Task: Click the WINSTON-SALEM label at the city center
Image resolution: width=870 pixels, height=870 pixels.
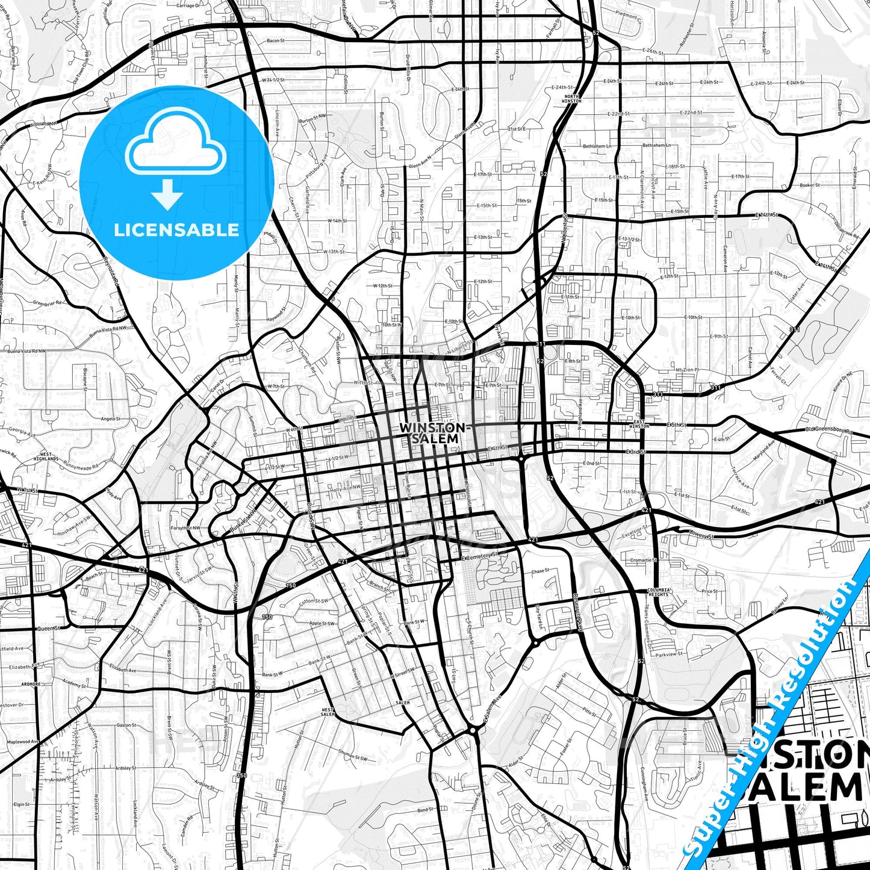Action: click(x=432, y=433)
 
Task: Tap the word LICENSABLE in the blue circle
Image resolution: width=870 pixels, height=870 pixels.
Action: click(x=176, y=230)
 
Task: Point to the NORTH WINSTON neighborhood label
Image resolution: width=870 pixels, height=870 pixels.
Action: click(x=571, y=99)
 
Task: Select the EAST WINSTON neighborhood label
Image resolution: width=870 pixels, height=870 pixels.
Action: click(x=639, y=424)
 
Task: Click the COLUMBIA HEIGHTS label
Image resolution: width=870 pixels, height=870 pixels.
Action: click(x=658, y=592)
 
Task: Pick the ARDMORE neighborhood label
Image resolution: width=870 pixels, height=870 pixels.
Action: click(x=30, y=684)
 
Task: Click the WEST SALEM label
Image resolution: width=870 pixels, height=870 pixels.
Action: click(x=328, y=712)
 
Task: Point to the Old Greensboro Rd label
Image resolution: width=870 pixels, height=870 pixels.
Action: click(x=829, y=430)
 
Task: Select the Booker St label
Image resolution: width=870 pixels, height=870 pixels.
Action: click(x=810, y=185)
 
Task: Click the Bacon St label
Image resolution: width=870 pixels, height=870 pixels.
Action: click(x=275, y=41)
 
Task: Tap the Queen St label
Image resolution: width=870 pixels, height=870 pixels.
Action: click(x=48, y=628)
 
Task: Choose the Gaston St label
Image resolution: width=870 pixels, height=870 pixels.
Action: click(x=126, y=725)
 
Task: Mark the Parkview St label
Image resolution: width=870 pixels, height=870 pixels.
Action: click(x=670, y=654)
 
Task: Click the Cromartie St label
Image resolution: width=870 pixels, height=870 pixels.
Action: click(x=644, y=560)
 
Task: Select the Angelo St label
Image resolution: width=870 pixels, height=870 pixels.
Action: click(x=110, y=418)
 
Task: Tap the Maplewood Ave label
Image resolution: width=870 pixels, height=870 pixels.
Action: click(x=23, y=742)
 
